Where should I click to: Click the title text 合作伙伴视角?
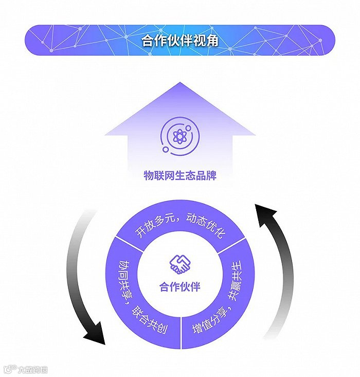coord(179,40)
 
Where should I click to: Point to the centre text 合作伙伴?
coord(180,286)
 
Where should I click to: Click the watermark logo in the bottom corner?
coord(26,369)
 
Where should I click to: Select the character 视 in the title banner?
coord(199,40)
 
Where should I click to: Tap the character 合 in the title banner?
coord(148,40)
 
